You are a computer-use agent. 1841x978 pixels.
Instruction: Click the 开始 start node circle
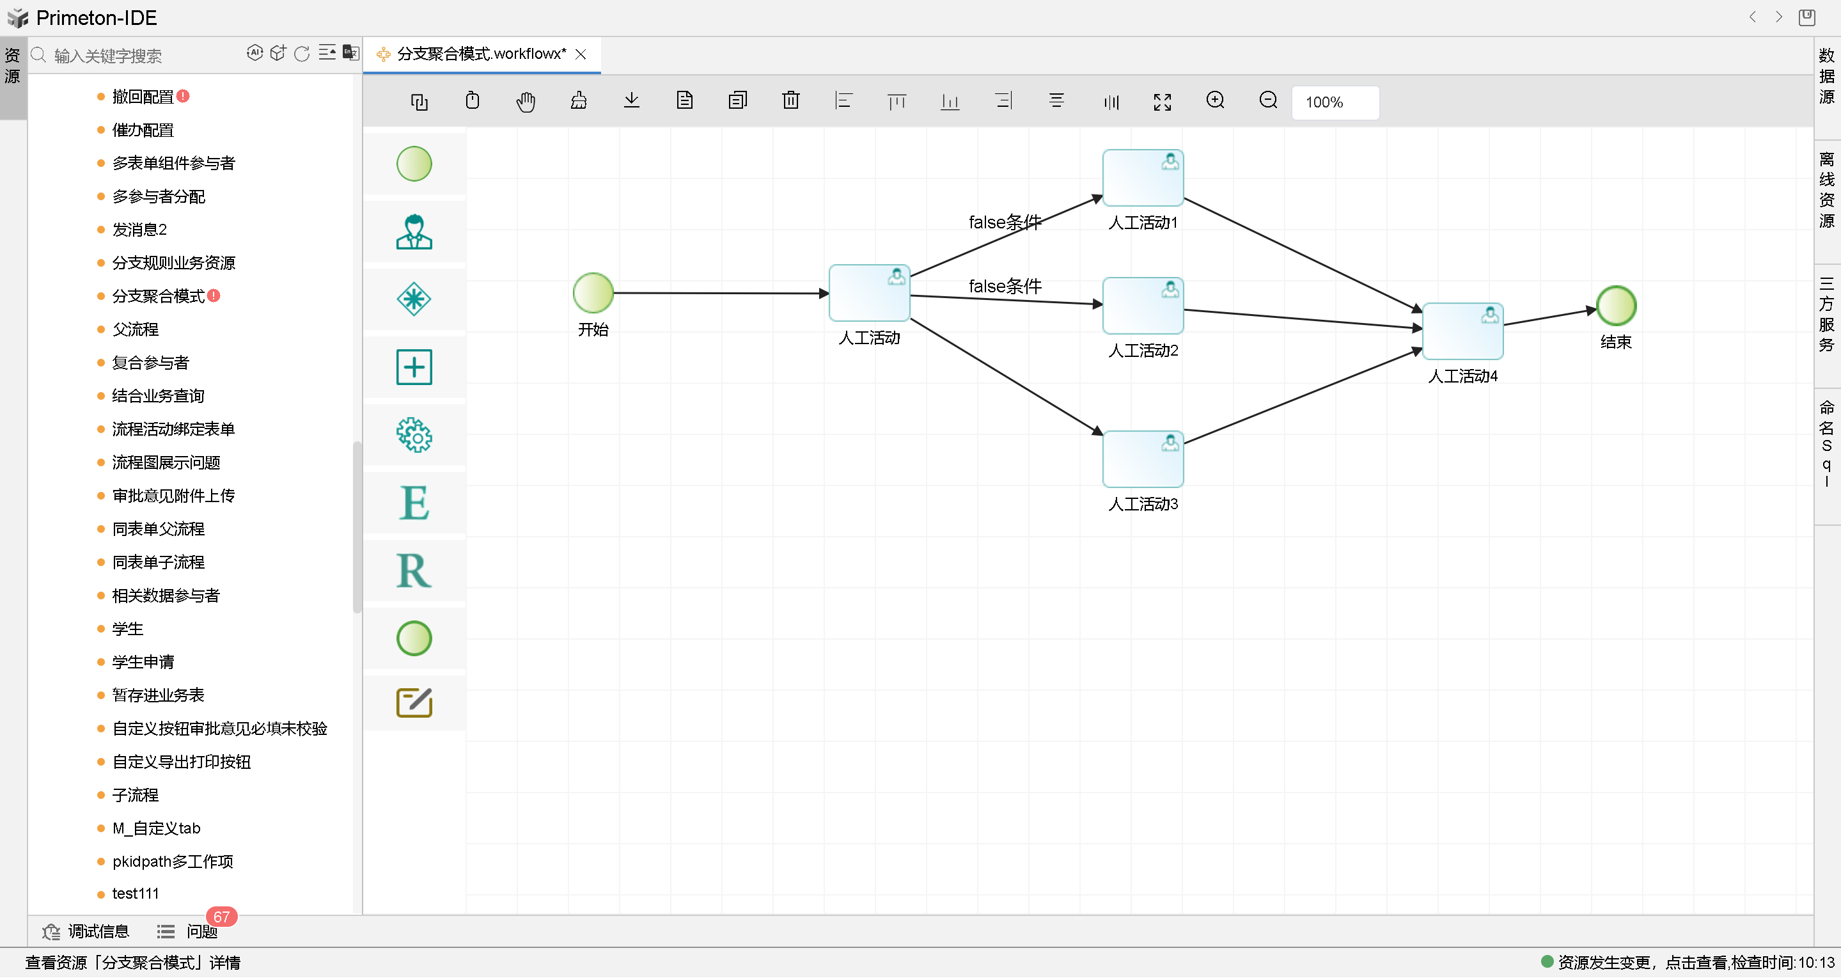[593, 293]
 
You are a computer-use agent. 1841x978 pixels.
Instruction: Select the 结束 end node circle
[1616, 306]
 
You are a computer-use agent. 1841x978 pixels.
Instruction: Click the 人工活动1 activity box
[1142, 178]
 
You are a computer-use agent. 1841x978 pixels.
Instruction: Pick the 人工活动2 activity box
[1142, 306]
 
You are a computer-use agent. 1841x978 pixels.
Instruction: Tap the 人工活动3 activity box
[1142, 460]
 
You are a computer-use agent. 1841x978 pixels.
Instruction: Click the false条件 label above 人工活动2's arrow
[1005, 286]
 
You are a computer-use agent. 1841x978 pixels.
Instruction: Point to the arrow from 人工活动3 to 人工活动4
[1301, 397]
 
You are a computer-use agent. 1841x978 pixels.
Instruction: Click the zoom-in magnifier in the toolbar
[1215, 101]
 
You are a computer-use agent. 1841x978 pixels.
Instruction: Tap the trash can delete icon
[790, 101]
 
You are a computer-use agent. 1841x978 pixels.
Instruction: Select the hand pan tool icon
[525, 102]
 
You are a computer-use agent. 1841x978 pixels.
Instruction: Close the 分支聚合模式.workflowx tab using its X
[581, 54]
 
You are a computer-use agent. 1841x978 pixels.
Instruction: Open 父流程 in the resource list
[135, 329]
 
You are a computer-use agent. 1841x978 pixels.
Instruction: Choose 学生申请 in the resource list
[143, 662]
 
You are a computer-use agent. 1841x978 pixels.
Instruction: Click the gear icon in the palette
[414, 436]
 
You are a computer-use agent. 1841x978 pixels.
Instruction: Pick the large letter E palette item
[414, 503]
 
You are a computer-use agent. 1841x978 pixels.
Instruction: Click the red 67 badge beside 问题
[221, 917]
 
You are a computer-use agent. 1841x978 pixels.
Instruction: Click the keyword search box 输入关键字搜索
[143, 56]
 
